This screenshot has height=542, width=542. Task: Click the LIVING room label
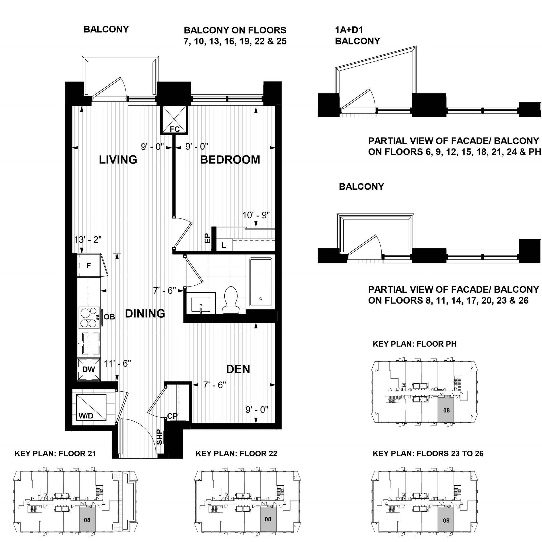point(118,160)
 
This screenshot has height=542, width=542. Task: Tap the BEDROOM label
point(230,160)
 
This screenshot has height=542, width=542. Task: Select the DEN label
point(238,369)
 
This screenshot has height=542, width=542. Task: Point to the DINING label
point(145,313)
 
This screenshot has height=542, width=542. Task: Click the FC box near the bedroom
point(174,120)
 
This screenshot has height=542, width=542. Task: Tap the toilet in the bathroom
point(231,300)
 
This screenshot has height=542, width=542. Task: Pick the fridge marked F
point(89,265)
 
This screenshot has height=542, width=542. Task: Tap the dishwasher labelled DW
point(89,369)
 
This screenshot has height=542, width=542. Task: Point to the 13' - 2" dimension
point(88,240)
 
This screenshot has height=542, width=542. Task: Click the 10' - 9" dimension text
point(256,215)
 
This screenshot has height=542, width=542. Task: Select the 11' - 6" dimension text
point(117,364)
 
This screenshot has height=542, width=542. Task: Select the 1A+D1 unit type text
point(349,30)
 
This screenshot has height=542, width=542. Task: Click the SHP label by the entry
point(159,437)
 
